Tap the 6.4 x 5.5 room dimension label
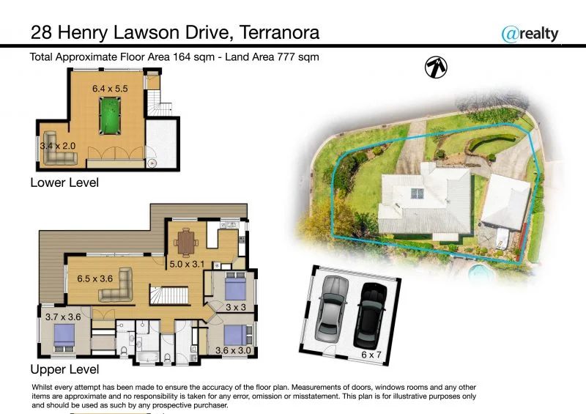coord(110,88)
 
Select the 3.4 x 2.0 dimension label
coord(58,146)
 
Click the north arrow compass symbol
coord(437,67)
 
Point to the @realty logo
coord(530,33)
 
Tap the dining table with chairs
coord(188,240)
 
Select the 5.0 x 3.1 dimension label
coord(188,264)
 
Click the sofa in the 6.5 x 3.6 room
coord(116,287)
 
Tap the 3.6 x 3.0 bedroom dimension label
coord(233,351)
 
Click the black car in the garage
coord(369,315)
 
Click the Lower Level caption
coord(64,182)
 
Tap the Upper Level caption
coord(64,369)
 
